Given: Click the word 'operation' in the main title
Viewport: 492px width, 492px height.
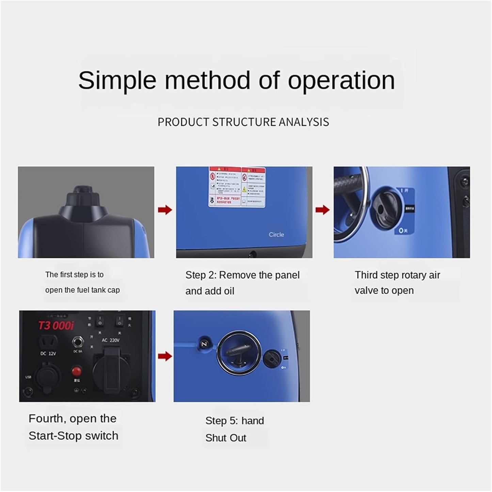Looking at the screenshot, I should pos(341,80).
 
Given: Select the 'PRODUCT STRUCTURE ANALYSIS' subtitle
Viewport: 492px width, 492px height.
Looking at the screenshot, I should pos(243,122).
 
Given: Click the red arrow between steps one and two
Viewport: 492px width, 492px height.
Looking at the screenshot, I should pos(165,210).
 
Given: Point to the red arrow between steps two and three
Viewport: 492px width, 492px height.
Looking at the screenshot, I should pos(322,210).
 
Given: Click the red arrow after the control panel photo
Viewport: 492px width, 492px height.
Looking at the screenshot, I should pos(165,356).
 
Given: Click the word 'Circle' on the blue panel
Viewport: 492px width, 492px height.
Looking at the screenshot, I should pos(276,235).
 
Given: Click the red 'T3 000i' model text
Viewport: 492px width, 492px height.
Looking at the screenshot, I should pos(55,326).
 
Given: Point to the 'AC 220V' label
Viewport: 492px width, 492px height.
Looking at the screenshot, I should pos(111,340).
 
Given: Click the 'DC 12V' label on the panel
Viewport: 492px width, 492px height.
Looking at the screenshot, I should pos(48,354).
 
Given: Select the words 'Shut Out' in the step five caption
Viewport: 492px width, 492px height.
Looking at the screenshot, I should pos(225,438).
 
